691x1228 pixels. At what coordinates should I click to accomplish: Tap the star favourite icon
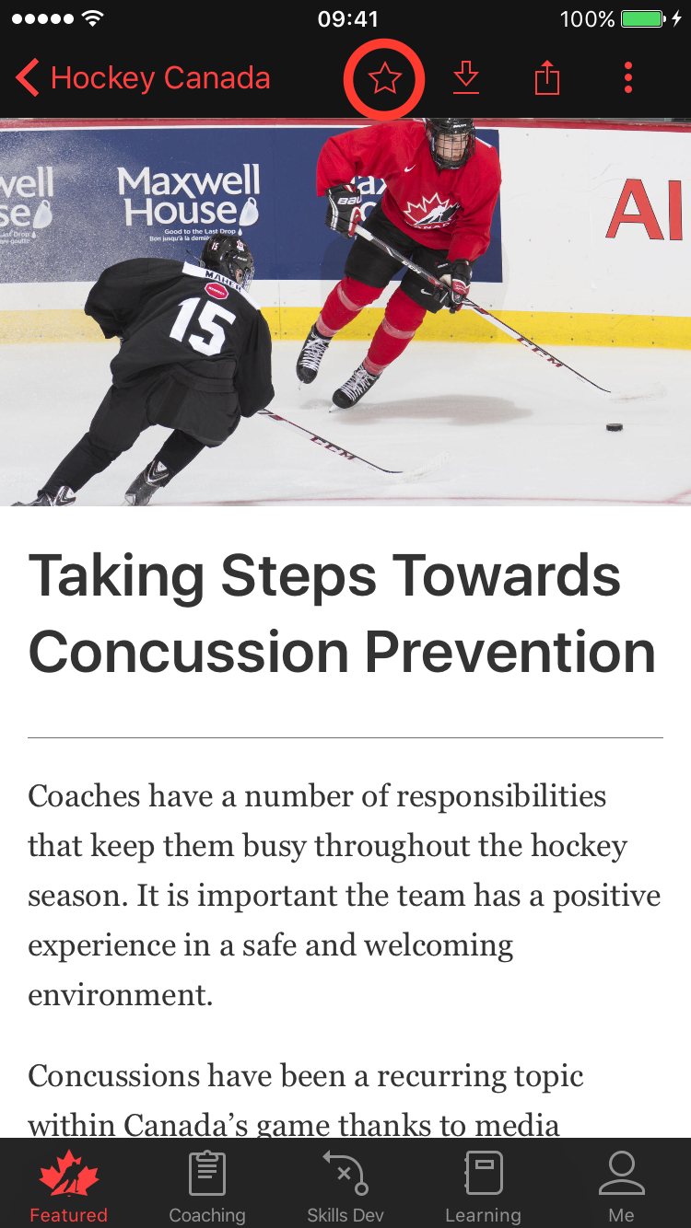[384, 79]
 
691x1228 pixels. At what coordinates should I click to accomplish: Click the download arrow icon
[466, 78]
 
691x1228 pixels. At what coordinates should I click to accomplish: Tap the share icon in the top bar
[547, 78]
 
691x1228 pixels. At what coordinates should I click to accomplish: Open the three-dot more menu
[628, 78]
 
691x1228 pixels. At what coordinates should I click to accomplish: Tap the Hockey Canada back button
[143, 78]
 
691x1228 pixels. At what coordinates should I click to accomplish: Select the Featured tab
[68, 1187]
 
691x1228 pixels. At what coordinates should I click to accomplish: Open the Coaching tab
[207, 1187]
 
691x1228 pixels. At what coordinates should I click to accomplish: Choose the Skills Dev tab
[345, 1187]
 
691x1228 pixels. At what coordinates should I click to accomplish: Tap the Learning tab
[483, 1187]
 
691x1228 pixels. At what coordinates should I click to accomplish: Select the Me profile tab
[621, 1187]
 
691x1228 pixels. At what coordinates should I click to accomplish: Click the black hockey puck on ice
[614, 427]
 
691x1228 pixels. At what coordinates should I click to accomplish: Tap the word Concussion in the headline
[188, 652]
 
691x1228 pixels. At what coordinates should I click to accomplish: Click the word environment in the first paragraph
[120, 995]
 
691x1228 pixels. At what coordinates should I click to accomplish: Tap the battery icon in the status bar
[642, 18]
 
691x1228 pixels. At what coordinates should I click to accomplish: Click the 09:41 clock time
[347, 18]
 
